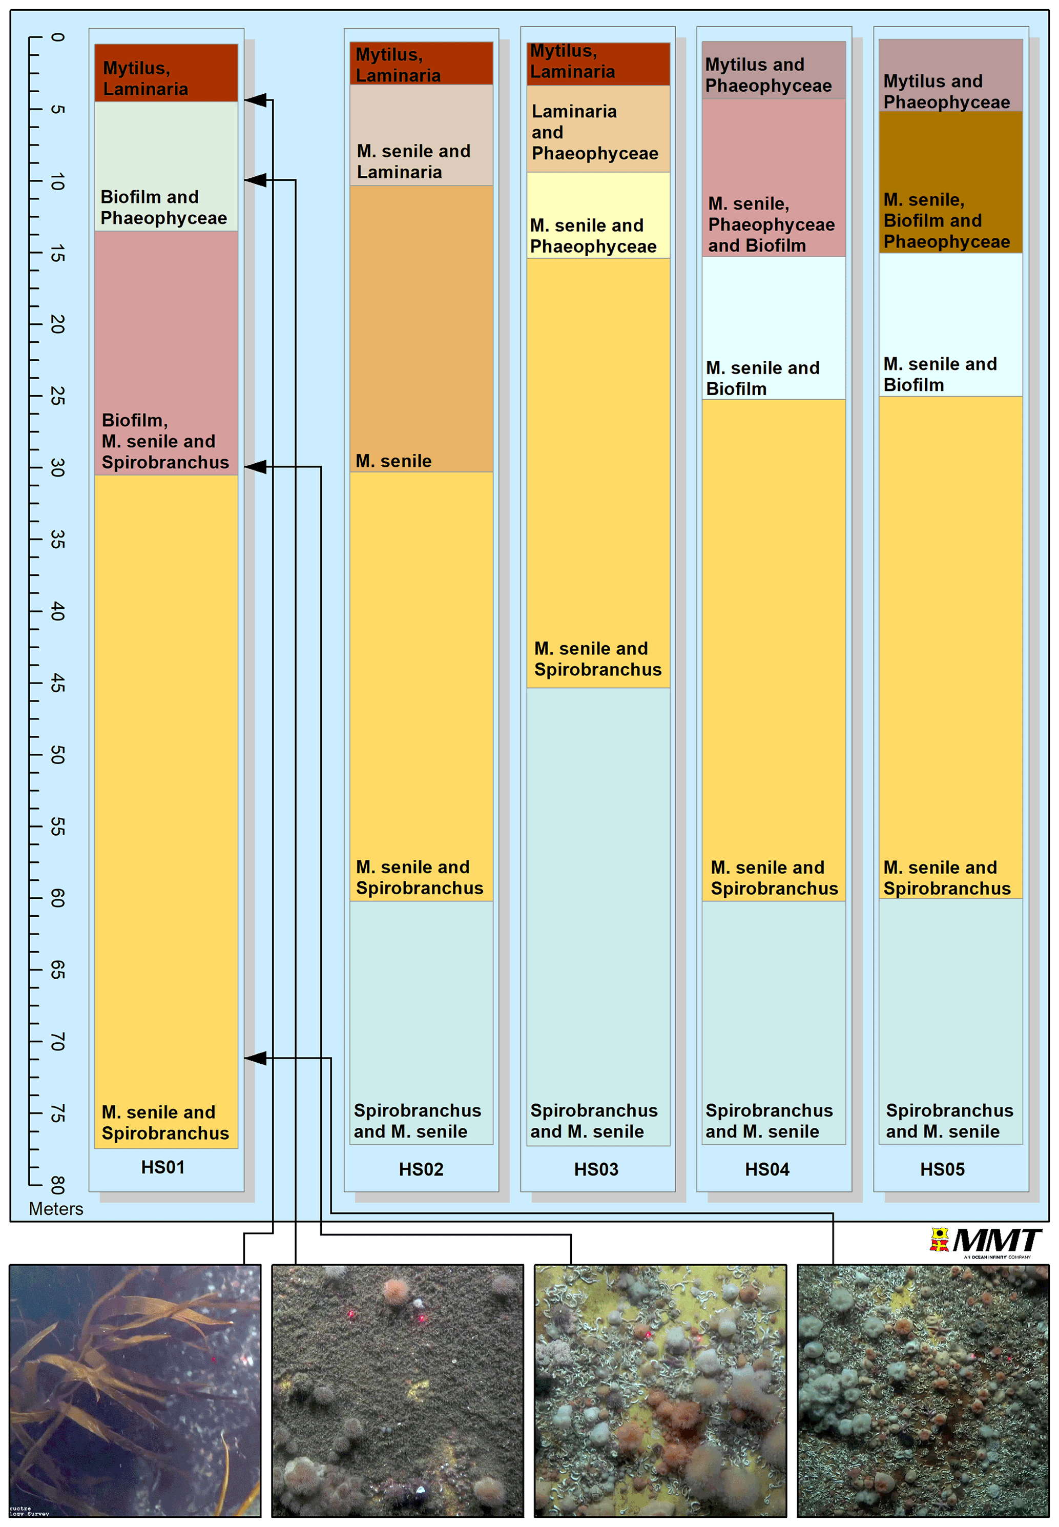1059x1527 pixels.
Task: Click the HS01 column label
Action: [162, 1167]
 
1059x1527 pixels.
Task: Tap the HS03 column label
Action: [596, 1169]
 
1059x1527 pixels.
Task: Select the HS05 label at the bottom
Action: [942, 1169]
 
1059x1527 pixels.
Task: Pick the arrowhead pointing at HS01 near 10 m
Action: [256, 180]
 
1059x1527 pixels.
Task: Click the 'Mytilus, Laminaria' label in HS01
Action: [146, 78]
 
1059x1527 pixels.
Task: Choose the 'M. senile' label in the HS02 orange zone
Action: [393, 461]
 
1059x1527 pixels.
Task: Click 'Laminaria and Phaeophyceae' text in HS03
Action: [594, 132]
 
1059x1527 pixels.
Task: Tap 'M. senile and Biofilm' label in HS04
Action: [762, 378]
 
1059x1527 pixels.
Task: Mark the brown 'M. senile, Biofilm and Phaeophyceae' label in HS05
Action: [946, 220]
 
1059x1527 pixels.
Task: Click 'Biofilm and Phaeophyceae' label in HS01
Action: [163, 207]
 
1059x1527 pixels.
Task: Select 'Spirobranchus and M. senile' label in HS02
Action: [418, 1121]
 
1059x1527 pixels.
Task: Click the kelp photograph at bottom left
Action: [135, 1390]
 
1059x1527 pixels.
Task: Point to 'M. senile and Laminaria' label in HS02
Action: [413, 161]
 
